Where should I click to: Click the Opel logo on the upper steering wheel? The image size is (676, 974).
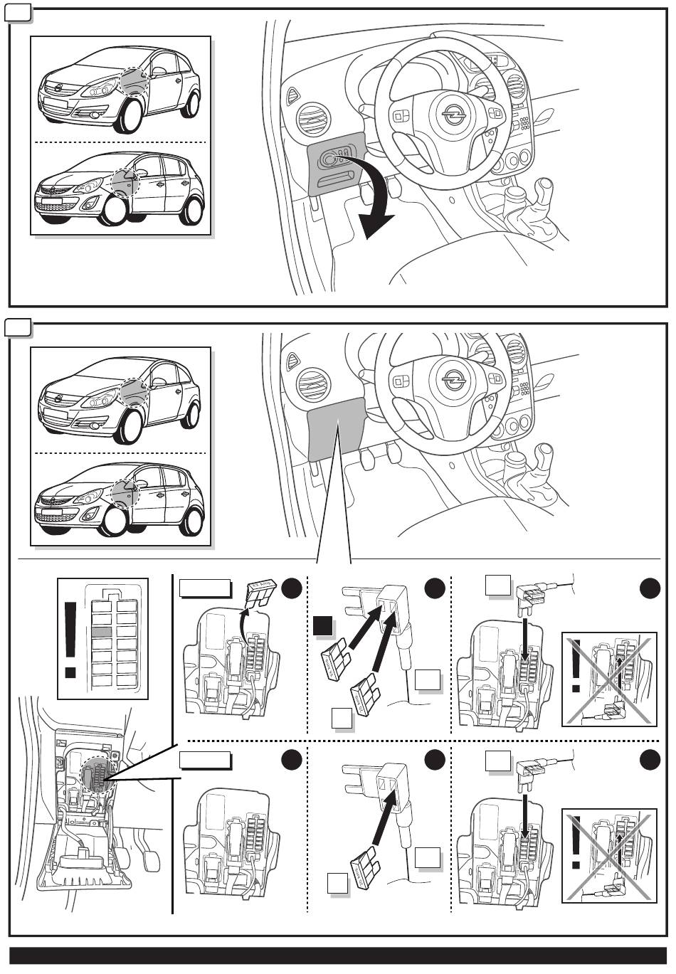click(x=451, y=114)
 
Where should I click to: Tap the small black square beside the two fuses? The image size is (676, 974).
click(x=323, y=626)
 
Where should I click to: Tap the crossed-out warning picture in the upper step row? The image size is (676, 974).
click(x=609, y=679)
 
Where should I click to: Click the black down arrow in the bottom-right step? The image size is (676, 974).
click(x=526, y=810)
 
